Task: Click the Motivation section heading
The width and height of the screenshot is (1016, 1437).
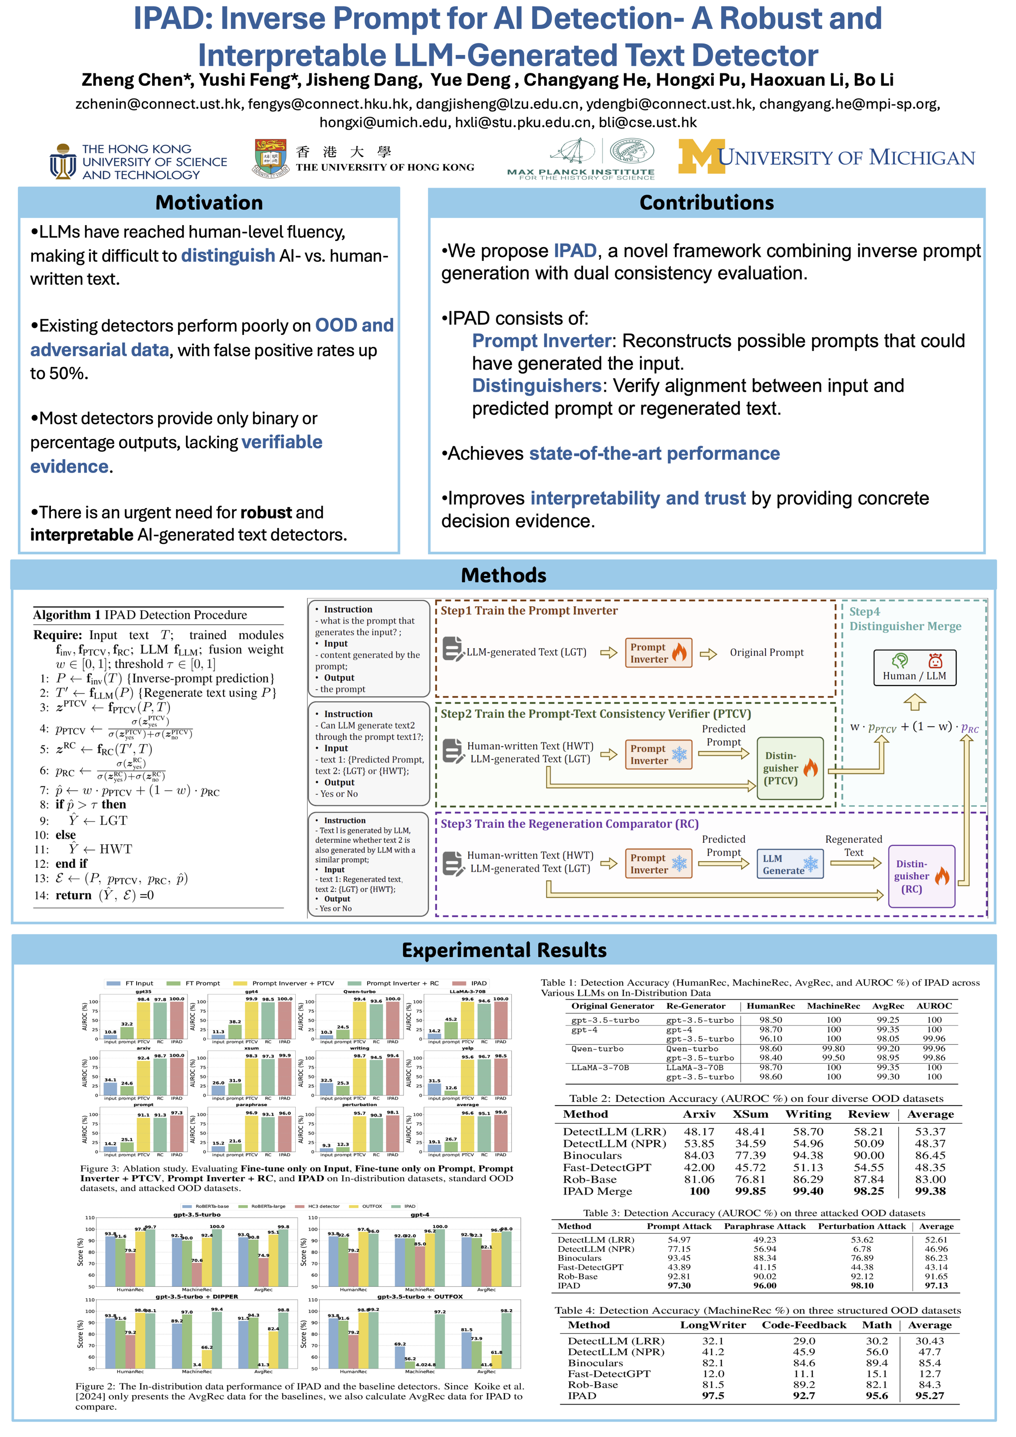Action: pos(209,203)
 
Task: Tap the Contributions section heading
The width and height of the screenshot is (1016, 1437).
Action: pos(706,203)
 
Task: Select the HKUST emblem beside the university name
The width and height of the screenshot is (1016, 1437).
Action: pos(62,162)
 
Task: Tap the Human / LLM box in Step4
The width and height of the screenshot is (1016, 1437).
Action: pos(914,668)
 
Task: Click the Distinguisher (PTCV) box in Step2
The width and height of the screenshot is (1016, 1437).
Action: pos(790,768)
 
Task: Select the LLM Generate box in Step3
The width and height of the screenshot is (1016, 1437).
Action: pos(790,864)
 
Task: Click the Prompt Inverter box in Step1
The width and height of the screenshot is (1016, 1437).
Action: pos(658,653)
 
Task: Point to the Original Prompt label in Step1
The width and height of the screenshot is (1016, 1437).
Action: pos(767,653)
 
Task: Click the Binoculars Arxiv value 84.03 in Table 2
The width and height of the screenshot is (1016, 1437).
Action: pos(699,1156)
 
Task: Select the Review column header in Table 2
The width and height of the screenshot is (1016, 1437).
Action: pos(868,1114)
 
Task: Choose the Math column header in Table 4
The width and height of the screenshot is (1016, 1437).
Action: pos(876,1325)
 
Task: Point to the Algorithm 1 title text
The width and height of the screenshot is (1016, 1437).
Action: pos(140,615)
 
